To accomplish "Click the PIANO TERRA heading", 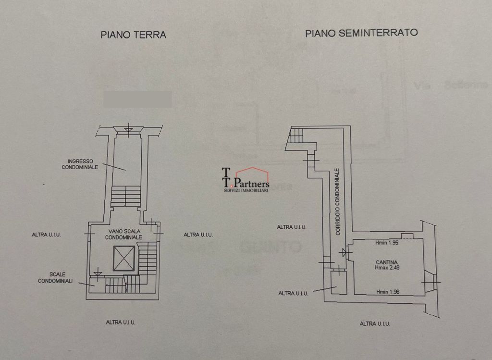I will click(x=133, y=35).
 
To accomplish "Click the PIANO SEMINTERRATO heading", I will click(x=361, y=33).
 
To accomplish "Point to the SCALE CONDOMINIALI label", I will click(x=55, y=277).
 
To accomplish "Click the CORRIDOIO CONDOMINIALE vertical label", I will click(x=338, y=201).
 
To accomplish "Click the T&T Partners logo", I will click(x=246, y=180).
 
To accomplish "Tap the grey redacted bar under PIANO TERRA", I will click(x=137, y=99).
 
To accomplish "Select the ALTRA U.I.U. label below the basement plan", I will click(x=375, y=323).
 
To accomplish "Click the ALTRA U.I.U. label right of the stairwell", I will click(x=198, y=235).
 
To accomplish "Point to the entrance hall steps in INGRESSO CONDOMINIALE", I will click(x=126, y=196).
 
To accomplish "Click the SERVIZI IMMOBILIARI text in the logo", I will click(x=246, y=191).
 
